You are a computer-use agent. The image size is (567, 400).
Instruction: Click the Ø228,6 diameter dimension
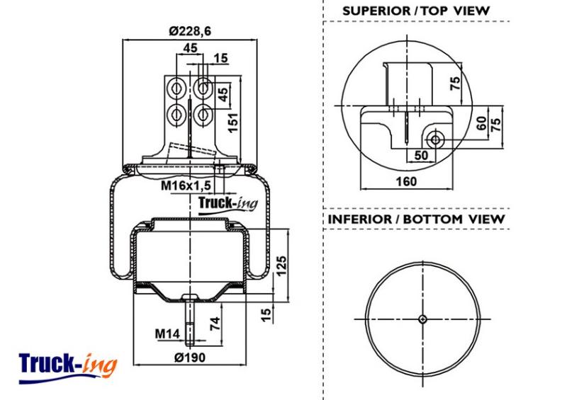tap(190, 31)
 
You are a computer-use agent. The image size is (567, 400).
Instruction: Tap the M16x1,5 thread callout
tap(186, 185)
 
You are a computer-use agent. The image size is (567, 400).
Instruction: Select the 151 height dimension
tap(233, 123)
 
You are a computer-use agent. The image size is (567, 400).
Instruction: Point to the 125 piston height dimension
tap(281, 265)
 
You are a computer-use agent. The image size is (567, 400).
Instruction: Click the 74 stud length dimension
tap(215, 324)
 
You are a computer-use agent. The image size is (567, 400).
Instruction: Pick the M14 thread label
tap(167, 333)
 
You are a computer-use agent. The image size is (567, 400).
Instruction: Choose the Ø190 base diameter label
tap(190, 358)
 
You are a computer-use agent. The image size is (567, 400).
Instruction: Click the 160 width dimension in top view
tap(406, 181)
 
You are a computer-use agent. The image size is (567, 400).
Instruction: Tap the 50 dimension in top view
tap(421, 155)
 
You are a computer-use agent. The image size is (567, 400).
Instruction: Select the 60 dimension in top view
tap(481, 124)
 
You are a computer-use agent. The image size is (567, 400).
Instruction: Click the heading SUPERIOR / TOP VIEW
tap(416, 11)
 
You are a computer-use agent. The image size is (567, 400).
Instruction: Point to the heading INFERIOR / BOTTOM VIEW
tap(416, 219)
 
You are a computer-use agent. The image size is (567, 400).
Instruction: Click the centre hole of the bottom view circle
tap(422, 319)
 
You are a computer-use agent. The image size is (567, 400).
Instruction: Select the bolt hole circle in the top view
tap(435, 139)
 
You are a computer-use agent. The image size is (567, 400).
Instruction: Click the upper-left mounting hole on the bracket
tap(176, 88)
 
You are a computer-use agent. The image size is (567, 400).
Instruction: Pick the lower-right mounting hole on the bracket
tap(203, 115)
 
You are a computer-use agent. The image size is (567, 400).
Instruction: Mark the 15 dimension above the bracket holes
tap(220, 58)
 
